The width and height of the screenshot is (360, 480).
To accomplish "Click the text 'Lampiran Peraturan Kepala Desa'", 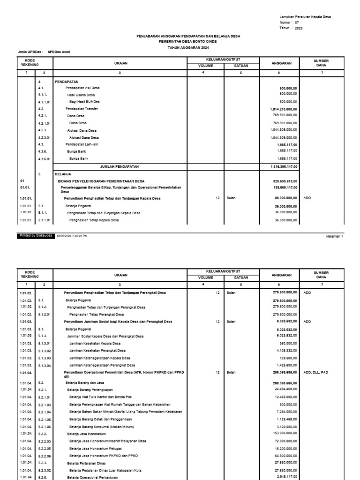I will (x=305, y=16).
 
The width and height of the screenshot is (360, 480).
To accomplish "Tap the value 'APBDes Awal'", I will (x=59, y=52).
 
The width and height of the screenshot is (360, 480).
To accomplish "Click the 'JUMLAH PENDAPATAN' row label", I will (x=120, y=166).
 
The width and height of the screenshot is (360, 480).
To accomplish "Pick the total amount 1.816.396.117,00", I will (x=284, y=166).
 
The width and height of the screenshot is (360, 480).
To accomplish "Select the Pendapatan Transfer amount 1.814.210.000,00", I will (x=284, y=109).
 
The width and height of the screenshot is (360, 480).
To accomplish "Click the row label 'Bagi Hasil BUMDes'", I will (x=84, y=102).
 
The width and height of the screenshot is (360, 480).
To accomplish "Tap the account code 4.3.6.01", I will (x=45, y=159).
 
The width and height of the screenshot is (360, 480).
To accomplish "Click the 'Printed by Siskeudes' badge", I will (x=36, y=236).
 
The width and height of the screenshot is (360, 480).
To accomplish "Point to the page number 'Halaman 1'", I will (x=335, y=236).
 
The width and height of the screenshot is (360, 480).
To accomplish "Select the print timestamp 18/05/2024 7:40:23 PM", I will (x=72, y=236).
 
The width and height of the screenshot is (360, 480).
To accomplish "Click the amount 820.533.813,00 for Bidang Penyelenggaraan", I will (x=285, y=181).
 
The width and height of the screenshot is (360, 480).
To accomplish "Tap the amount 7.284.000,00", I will (x=286, y=412).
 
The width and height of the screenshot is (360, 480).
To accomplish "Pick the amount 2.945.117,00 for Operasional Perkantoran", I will (x=286, y=477).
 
